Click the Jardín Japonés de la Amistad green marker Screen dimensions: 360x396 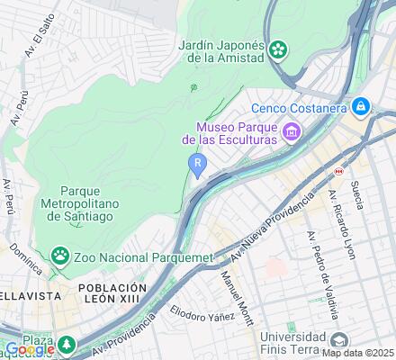[281, 48]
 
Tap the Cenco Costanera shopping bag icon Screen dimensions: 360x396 [361, 107]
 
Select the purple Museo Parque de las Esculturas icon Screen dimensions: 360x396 [291, 134]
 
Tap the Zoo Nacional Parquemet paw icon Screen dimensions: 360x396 [60, 257]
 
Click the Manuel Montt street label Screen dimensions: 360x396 [236, 298]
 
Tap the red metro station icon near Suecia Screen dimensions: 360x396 [338, 168]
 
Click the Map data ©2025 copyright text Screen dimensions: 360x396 [358, 353]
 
